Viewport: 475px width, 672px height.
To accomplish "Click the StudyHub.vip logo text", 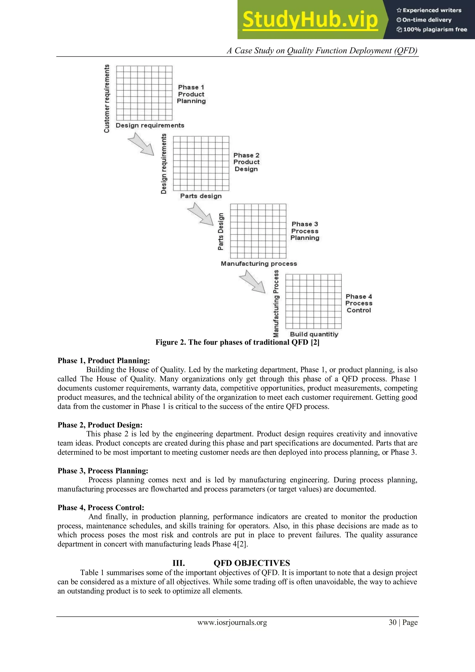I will click(310, 20).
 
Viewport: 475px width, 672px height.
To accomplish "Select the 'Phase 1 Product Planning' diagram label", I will click(191, 94).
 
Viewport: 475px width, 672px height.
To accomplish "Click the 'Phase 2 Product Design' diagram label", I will click(246, 162).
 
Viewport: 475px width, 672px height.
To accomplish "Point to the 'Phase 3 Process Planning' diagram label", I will click(305, 231).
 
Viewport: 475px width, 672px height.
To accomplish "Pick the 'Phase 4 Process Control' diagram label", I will click(359, 303).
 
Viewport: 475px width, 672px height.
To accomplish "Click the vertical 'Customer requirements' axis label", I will click(107, 98).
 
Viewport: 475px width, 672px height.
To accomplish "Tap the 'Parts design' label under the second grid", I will click(201, 196).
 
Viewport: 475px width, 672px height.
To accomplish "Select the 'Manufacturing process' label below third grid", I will click(259, 264).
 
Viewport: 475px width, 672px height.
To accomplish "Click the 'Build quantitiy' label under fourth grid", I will click(314, 334).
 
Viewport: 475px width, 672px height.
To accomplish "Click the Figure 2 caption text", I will click(237, 342).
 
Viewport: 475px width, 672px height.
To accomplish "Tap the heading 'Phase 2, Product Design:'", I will click(100, 425).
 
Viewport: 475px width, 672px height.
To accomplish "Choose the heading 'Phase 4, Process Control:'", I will click(101, 508).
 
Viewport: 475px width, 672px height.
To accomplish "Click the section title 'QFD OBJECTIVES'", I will click(252, 563).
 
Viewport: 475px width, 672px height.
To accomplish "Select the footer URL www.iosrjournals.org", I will click(232, 623).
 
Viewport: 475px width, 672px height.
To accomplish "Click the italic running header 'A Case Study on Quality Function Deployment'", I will click(322, 51).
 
